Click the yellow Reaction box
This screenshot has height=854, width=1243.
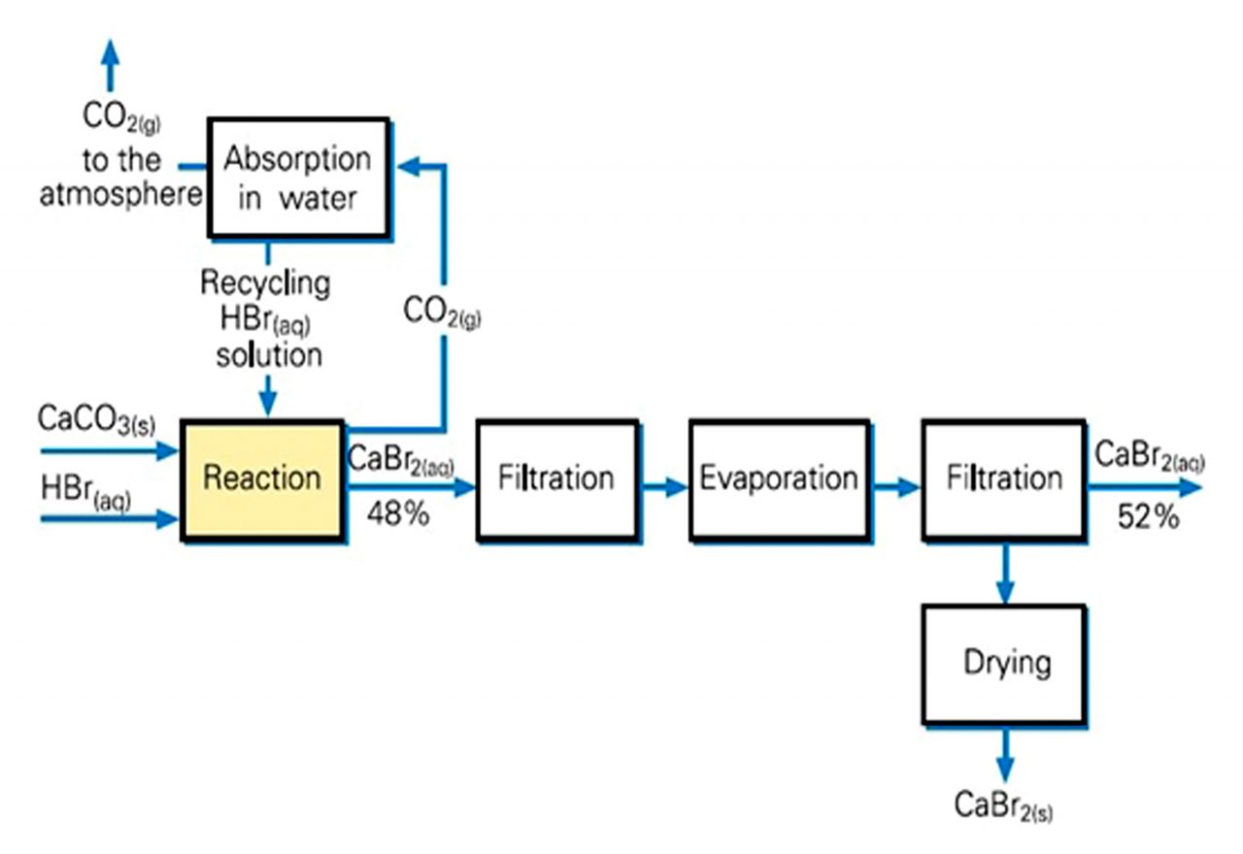[x=261, y=479]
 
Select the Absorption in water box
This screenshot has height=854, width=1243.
[x=297, y=179]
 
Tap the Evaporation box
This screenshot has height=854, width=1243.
[x=779, y=479]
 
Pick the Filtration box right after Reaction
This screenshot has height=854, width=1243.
[x=556, y=479]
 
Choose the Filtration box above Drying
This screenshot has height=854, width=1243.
[x=1004, y=479]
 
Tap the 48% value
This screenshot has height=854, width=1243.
[x=397, y=515]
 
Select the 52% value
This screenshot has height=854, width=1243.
[x=1148, y=517]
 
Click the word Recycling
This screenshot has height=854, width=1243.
[x=264, y=283]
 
